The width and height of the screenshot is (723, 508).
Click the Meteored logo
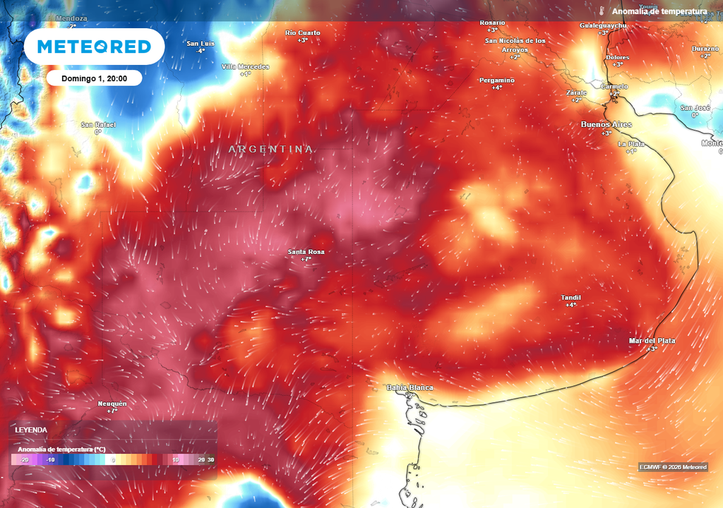(x=94, y=47)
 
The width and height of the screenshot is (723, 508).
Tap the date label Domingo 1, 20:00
(x=94, y=78)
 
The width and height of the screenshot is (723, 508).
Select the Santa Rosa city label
(x=306, y=252)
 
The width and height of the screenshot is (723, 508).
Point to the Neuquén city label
(x=112, y=404)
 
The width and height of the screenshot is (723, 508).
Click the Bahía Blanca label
(x=410, y=388)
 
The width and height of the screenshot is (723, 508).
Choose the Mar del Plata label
(x=652, y=341)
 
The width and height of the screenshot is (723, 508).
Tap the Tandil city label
(x=570, y=298)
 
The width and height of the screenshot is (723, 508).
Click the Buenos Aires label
(x=606, y=125)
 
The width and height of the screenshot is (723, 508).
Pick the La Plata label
(x=631, y=144)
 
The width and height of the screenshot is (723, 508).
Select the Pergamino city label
(x=497, y=80)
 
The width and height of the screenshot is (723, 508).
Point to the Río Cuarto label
(x=302, y=33)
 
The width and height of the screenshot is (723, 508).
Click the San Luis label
(x=201, y=44)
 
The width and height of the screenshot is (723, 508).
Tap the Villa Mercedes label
(x=245, y=66)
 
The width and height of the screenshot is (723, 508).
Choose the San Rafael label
(x=98, y=125)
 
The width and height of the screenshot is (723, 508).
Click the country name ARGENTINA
(x=270, y=150)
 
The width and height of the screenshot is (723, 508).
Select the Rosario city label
(x=492, y=23)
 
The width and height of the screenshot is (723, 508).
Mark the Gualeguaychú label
(x=603, y=25)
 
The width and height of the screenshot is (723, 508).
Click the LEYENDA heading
(x=32, y=430)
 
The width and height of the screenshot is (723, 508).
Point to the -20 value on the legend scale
(x=24, y=459)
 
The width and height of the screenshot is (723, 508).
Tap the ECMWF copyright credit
(x=672, y=467)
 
